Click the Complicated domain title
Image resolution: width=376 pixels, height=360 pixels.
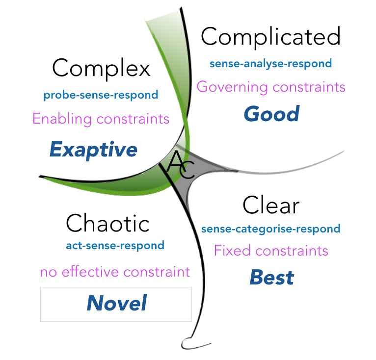270,37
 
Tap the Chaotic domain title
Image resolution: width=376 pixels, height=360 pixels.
107,224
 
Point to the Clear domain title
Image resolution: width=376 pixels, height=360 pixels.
270,205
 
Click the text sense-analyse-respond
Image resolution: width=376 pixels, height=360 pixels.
270,64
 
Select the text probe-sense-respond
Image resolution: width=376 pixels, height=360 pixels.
101,95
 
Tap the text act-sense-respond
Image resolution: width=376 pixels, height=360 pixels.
115,246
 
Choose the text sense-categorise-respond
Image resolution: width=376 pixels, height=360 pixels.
270,229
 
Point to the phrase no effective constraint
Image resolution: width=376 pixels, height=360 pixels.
115,272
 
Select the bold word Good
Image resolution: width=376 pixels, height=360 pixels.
271,114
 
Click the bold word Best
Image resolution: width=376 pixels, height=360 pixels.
271,278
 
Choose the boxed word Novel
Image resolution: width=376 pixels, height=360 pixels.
117,304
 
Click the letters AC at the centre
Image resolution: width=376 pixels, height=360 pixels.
181,164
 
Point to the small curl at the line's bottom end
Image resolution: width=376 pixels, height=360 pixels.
188,342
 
